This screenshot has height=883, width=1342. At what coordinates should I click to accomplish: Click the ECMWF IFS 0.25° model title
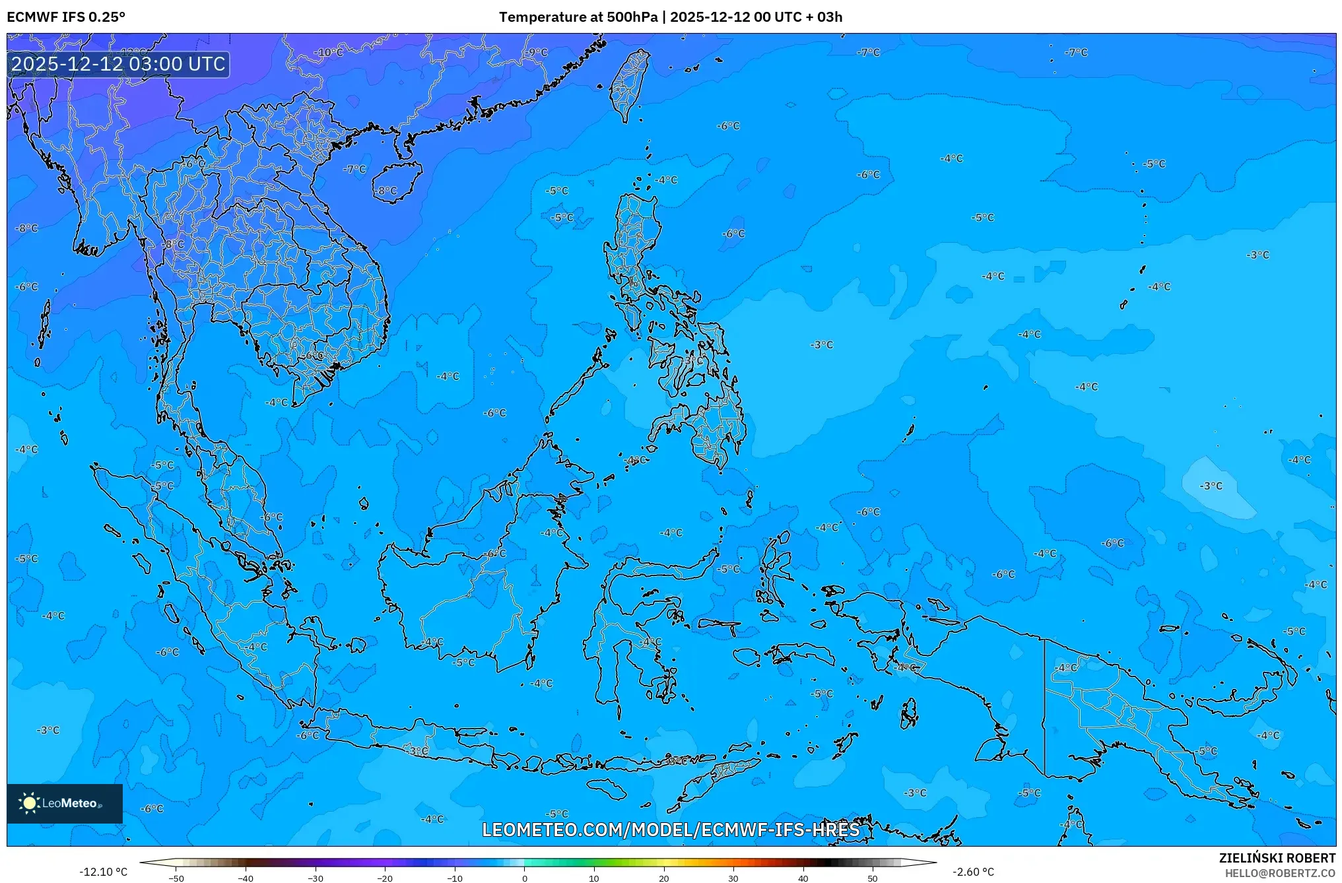(66, 17)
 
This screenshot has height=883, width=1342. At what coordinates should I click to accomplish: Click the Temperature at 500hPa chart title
(670, 17)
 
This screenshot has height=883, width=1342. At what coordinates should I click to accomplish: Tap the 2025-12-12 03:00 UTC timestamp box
(118, 64)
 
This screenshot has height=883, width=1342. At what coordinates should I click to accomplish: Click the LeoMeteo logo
(65, 803)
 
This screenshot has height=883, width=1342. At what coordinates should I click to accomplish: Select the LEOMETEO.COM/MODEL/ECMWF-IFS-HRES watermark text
(671, 830)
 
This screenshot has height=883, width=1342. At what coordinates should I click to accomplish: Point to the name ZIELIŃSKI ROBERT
(1277, 858)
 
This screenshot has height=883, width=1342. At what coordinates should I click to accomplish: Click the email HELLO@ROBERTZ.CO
(1280, 873)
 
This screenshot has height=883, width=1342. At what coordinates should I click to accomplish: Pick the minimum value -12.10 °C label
(103, 872)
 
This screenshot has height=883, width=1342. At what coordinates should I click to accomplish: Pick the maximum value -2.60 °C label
(973, 872)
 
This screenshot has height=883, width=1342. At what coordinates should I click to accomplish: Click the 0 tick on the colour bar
(525, 878)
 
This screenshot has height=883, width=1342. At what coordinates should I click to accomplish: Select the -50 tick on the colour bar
(176, 878)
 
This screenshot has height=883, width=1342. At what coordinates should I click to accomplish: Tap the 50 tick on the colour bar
(873, 878)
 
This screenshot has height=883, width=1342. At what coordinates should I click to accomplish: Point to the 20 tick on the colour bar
(663, 878)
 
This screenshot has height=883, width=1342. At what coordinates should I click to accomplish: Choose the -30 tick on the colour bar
(316, 878)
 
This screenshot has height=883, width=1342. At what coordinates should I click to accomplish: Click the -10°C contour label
(329, 53)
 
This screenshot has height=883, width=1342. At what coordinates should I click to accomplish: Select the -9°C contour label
(537, 53)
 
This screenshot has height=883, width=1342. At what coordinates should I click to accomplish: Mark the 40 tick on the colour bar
(803, 878)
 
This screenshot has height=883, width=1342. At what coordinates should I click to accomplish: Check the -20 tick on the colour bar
(385, 878)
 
